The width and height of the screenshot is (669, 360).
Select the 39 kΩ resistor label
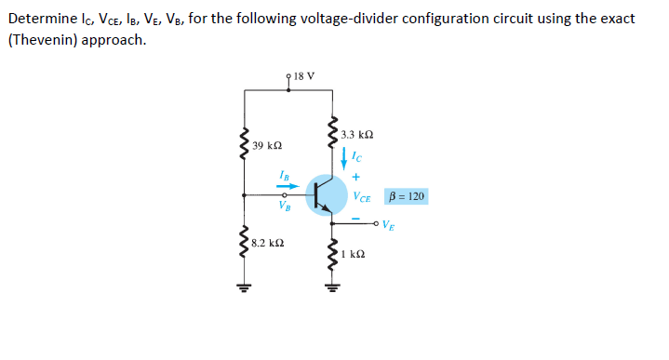pos(267,146)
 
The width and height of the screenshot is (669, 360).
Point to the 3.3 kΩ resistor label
pos(357,136)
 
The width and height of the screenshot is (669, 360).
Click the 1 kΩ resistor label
pos(353,252)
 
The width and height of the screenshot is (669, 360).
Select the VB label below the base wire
pos(286,206)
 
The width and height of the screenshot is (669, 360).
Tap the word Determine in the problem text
pos(40,19)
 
